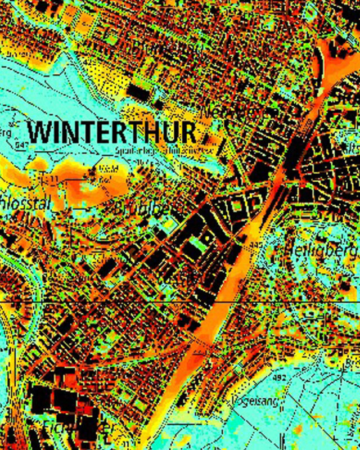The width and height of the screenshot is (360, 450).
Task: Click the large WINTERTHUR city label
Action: (x=112, y=133)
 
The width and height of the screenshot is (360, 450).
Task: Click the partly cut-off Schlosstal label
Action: (x=23, y=204)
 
